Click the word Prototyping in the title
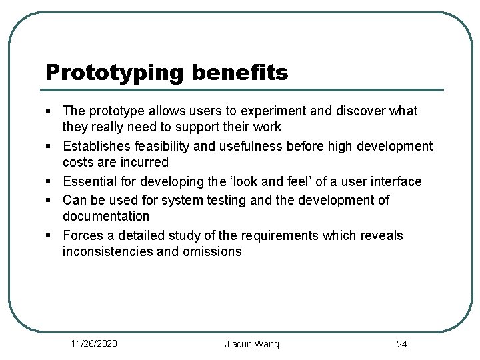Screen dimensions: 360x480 point(114,73)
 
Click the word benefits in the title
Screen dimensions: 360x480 point(240,72)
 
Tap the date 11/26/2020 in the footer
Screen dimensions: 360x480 point(95,343)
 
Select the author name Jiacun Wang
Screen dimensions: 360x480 point(252,344)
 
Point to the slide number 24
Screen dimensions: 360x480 point(401,344)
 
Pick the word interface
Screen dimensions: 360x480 point(395,181)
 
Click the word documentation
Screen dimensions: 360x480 point(106,216)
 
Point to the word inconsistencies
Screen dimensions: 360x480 point(112,251)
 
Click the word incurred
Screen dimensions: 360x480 point(144,162)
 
